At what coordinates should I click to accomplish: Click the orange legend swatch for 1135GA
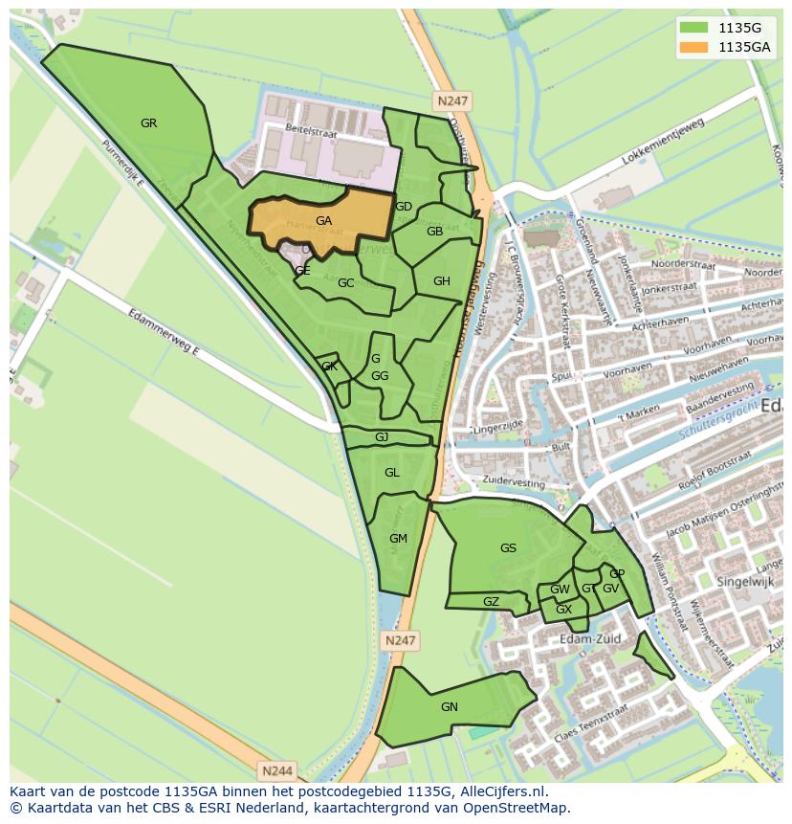click(x=695, y=47)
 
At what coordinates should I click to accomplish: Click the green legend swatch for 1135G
click(x=695, y=28)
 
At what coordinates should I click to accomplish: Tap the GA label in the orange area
click(x=323, y=221)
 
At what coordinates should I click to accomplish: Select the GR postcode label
click(x=148, y=123)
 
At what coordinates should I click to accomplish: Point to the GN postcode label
click(x=450, y=707)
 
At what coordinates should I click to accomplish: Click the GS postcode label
click(x=508, y=548)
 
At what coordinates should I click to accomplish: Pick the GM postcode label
click(x=398, y=539)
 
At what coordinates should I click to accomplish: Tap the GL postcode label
click(x=391, y=473)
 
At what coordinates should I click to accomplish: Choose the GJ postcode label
click(x=382, y=437)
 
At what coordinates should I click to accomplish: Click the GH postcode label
click(x=441, y=281)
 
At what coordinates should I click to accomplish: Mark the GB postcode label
click(x=434, y=232)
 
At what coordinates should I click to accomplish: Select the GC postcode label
click(x=345, y=283)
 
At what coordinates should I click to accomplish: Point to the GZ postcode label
click(x=491, y=602)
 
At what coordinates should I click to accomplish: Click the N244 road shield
click(x=277, y=769)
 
